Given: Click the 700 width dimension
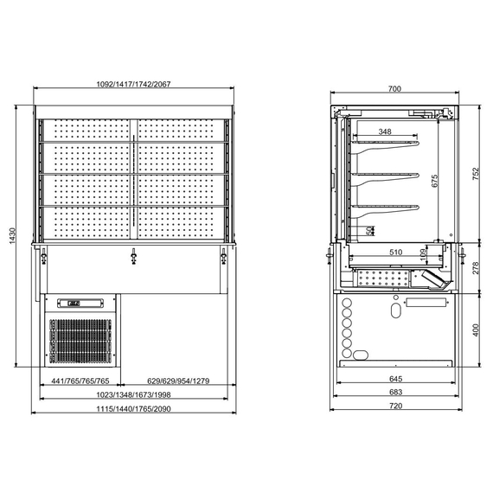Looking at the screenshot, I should [394, 88].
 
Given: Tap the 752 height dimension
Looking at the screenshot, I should [475, 174].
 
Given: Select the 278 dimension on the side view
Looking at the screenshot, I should [475, 268].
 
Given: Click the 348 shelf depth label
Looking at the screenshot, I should [385, 131].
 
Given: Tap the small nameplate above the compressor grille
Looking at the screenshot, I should [70, 303].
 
